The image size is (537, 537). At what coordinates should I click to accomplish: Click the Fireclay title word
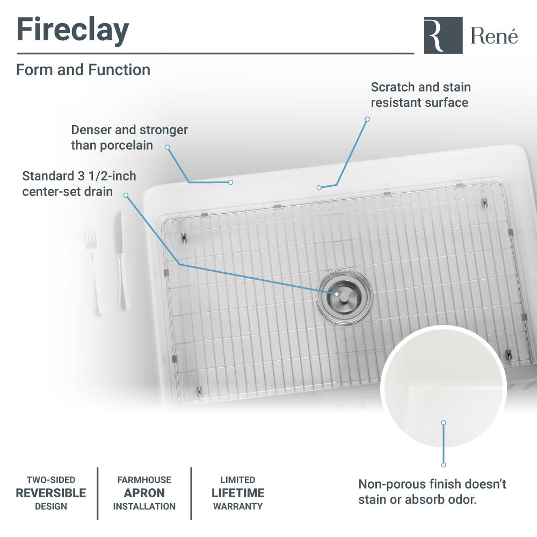(72, 31)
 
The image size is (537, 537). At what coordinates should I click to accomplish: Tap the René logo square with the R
(443, 35)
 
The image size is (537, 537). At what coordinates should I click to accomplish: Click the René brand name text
(494, 36)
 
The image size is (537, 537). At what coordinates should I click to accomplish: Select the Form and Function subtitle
(83, 70)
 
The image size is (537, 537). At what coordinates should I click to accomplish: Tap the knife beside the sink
(121, 261)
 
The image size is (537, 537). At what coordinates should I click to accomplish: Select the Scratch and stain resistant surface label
(420, 95)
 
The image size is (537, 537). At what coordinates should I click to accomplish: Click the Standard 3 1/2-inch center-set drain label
(79, 184)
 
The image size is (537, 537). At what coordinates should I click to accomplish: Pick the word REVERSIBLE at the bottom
(51, 493)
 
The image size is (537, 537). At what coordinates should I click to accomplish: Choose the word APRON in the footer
(144, 493)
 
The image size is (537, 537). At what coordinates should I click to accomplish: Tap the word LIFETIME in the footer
(238, 493)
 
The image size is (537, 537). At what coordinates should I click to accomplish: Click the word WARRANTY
(238, 506)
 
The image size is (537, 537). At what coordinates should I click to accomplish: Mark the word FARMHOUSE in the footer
(144, 480)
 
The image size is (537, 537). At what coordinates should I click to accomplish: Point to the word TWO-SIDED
(51, 480)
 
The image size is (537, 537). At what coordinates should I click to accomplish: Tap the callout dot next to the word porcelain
(167, 147)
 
